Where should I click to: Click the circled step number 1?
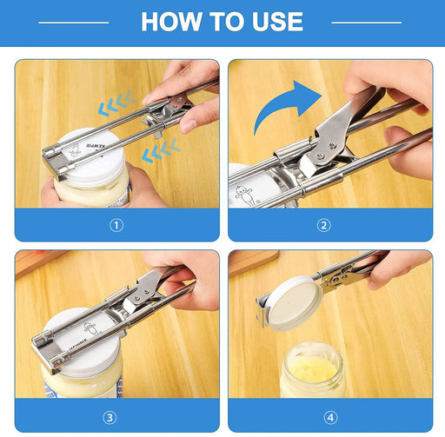click(x=116, y=225)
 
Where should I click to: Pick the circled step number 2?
click(x=324, y=225)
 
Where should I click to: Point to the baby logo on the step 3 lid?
click(x=87, y=330)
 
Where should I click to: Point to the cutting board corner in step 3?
click(x=35, y=258)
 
